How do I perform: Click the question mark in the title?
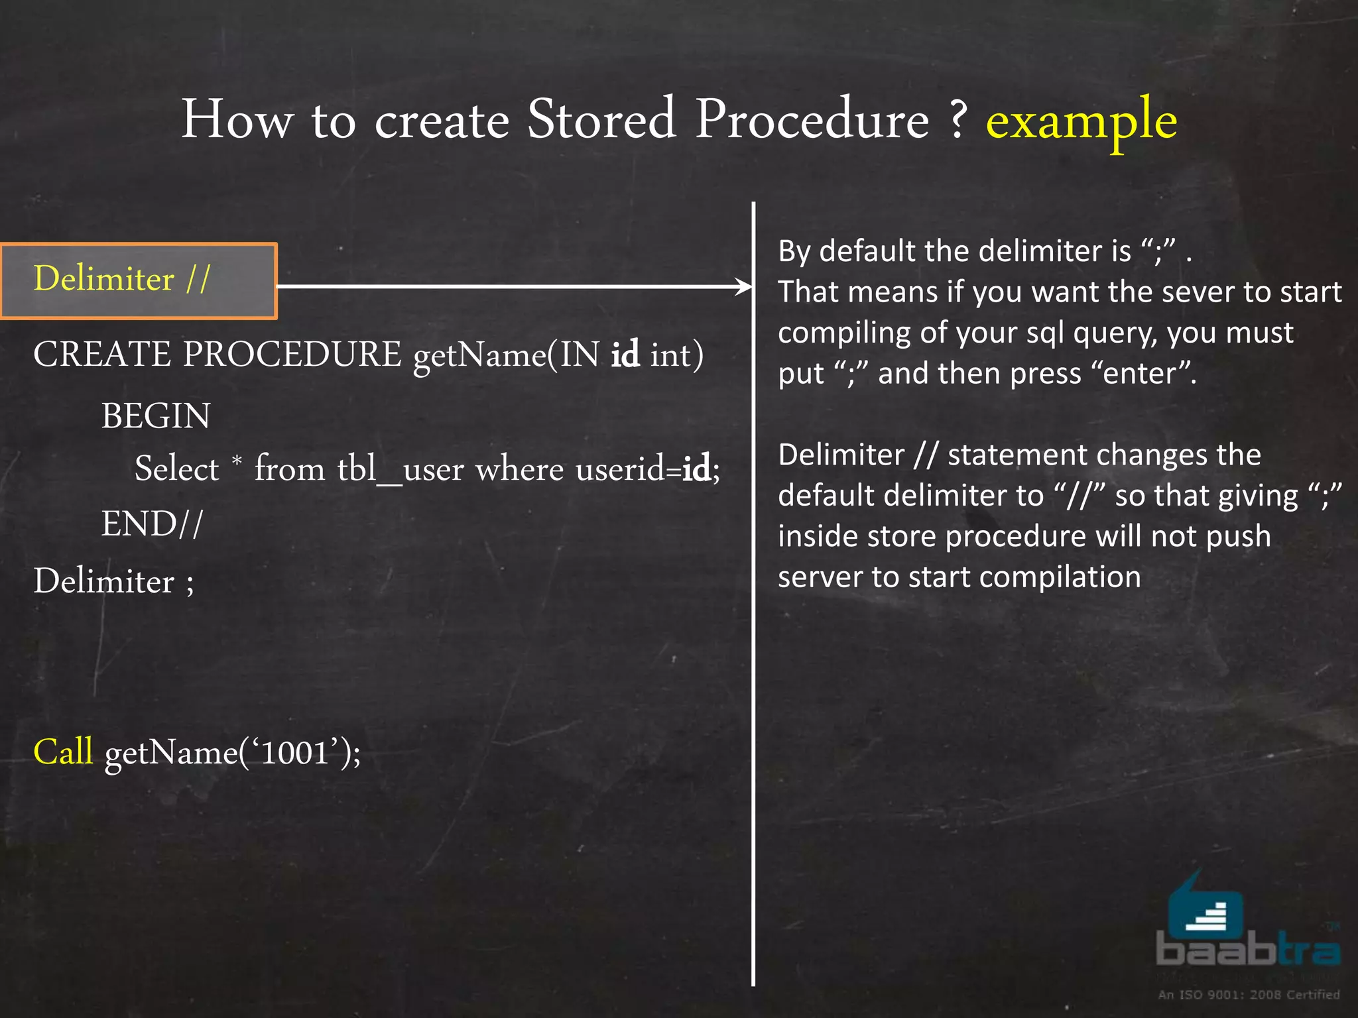click(x=957, y=121)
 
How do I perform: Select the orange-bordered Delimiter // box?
click(x=138, y=281)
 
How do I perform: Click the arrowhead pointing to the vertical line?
click(x=744, y=286)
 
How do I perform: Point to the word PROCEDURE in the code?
click(x=292, y=355)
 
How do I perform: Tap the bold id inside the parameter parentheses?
click(x=625, y=355)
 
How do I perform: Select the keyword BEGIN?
click(x=156, y=417)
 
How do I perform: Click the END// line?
click(x=152, y=524)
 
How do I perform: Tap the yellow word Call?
click(x=63, y=752)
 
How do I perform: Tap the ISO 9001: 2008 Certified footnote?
click(x=1249, y=994)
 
